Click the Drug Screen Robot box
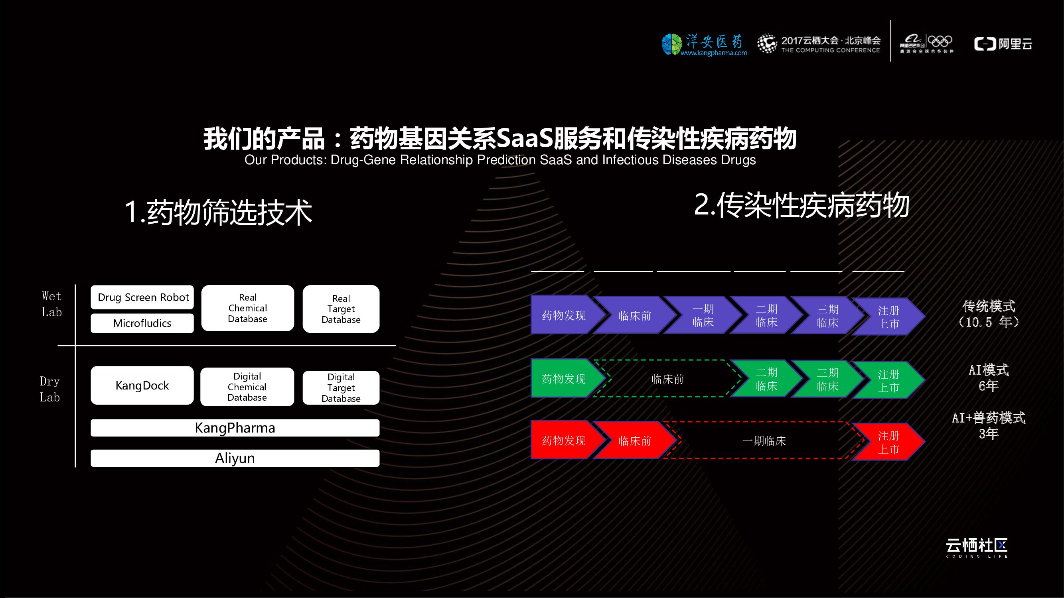point(142,297)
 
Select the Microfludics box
point(142,323)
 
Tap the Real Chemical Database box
point(248,308)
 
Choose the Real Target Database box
point(341,309)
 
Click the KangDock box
point(142,386)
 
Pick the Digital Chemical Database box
point(247,387)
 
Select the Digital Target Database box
point(341,388)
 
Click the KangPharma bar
point(235,428)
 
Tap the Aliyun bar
point(235,458)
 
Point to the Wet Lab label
point(51,304)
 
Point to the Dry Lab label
point(50,389)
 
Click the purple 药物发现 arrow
point(563,315)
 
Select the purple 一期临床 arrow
point(703,316)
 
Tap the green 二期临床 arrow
point(766,379)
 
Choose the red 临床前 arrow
point(634,441)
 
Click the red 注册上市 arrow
point(888,442)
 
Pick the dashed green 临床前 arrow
point(667,379)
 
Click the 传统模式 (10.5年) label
point(989,314)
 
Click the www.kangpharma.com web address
point(714,53)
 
